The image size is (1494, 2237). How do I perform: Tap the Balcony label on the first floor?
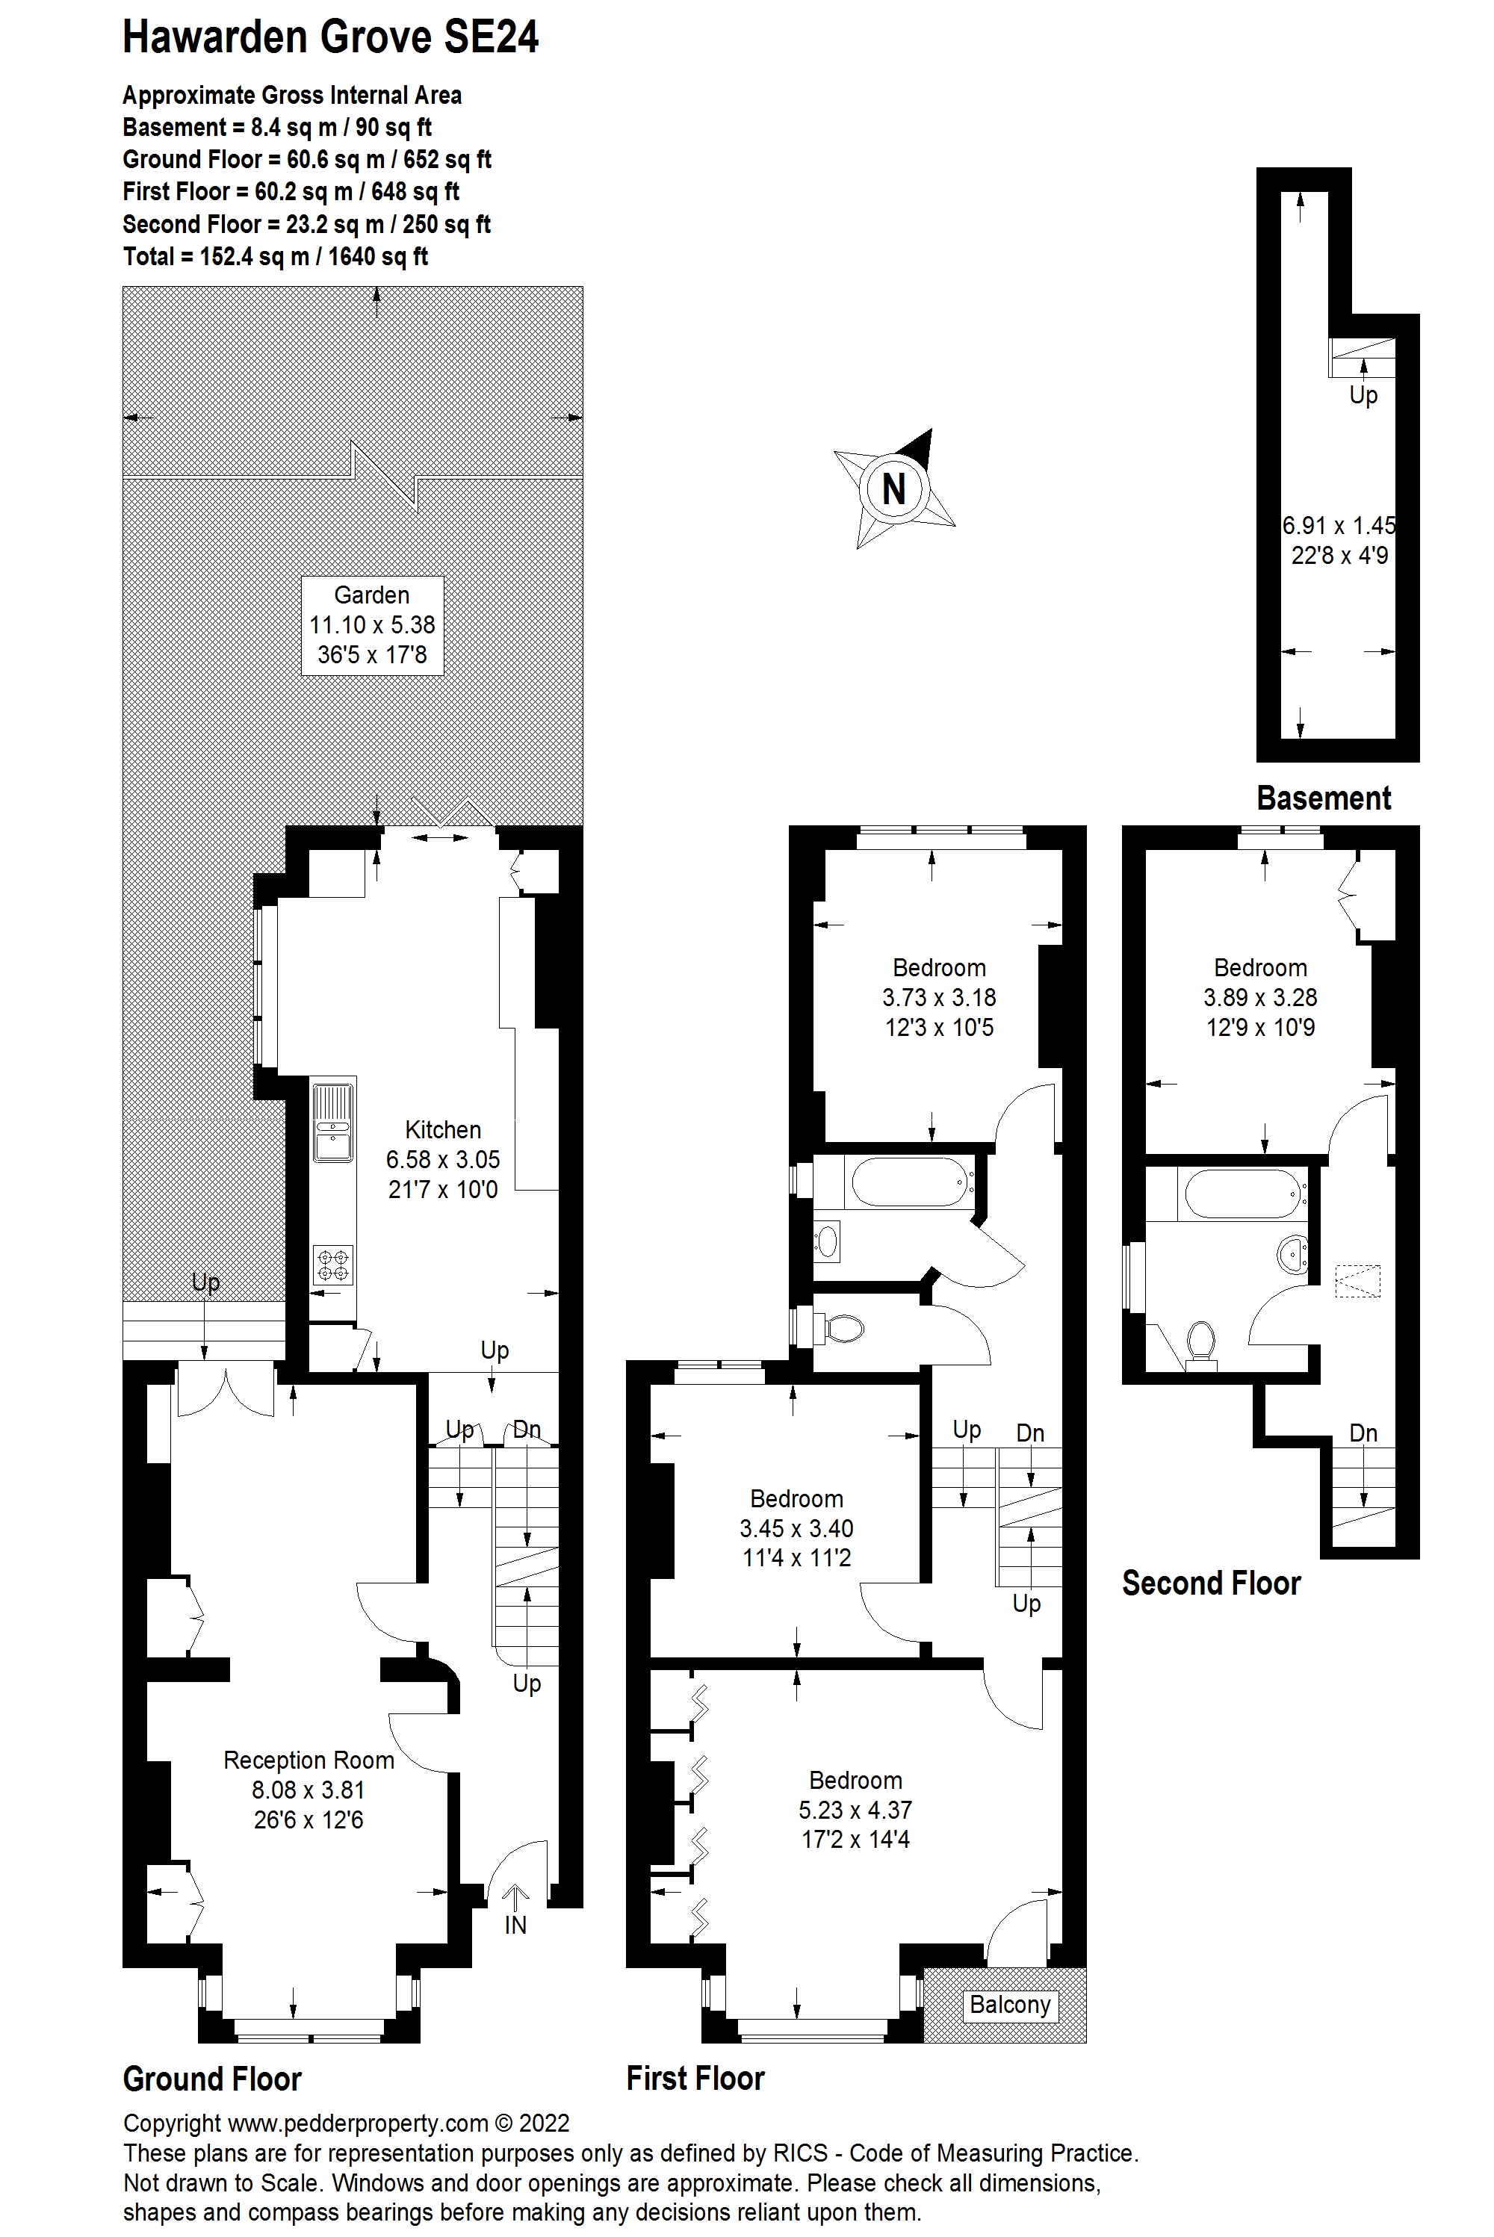point(1009,2005)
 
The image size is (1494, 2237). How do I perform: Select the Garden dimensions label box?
point(371,625)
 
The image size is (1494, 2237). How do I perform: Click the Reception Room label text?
point(309,1760)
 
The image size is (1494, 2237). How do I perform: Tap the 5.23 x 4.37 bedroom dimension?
point(855,1811)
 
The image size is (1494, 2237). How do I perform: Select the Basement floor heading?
point(1324,798)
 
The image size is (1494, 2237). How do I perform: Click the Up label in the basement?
point(1363,394)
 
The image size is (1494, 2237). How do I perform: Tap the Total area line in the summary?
point(276,256)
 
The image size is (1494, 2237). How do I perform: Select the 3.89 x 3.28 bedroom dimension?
point(1259,998)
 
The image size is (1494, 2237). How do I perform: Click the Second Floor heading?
point(1211,1583)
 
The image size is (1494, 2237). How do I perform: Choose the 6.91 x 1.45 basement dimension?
point(1339,525)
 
